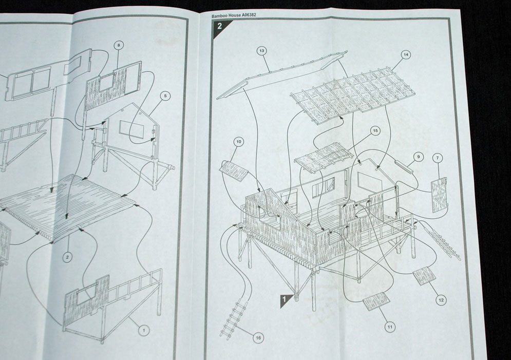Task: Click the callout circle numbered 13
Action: [262, 51]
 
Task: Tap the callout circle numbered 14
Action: [406, 55]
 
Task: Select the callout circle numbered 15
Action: [375, 130]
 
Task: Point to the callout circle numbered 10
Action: [239, 142]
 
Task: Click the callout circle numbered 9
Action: [419, 157]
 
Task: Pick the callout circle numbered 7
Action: [438, 158]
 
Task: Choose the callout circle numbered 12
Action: [441, 300]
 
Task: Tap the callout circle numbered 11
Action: [390, 327]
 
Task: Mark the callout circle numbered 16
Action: [258, 338]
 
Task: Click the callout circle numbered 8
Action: [119, 45]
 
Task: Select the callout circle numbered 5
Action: [165, 96]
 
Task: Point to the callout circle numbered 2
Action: [67, 257]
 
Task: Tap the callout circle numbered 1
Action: [143, 330]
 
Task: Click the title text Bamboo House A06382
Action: [234, 15]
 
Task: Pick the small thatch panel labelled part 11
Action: [376, 301]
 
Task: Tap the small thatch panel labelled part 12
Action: [424, 275]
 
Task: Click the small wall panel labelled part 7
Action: [440, 195]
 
